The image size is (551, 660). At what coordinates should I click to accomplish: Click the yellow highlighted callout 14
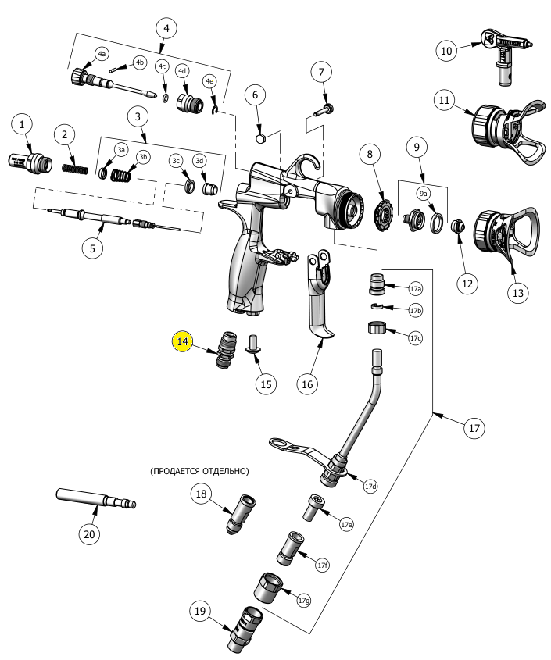point(182,341)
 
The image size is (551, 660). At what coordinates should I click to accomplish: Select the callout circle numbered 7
point(320,72)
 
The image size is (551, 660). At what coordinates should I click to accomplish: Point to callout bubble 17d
point(370,486)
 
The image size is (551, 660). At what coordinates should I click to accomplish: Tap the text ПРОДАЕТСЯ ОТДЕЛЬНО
point(199,471)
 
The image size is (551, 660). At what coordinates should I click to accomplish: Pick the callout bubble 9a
point(423,193)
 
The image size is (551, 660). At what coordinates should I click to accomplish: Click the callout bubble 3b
point(142,157)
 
